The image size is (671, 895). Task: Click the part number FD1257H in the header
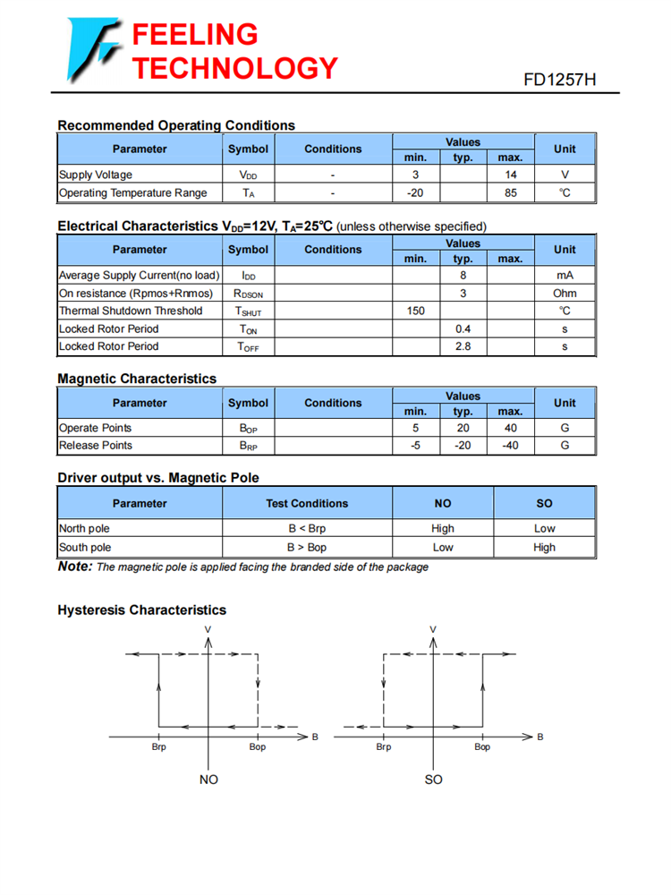[x=559, y=80]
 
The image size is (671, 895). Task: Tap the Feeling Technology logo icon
[x=92, y=48]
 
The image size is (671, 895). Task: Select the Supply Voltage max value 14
[x=510, y=175]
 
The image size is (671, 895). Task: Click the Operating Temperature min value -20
[x=415, y=193]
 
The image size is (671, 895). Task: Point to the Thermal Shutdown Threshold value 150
[x=415, y=311]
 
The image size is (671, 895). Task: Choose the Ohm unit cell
[x=565, y=294]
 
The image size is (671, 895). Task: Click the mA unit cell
[x=565, y=276]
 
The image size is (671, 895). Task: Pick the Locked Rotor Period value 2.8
[x=463, y=346]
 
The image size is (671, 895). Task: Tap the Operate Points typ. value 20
[x=463, y=428]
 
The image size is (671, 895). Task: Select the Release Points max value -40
[x=510, y=446]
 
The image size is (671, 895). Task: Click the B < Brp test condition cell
[x=307, y=529]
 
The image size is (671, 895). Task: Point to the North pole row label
[x=84, y=529]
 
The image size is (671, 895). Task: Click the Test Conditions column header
[x=307, y=503]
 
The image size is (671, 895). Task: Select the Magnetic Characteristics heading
[x=137, y=379]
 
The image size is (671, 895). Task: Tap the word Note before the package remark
[x=75, y=567]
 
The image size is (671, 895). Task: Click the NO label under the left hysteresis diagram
[x=208, y=780]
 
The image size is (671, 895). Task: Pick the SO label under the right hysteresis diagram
[x=433, y=780]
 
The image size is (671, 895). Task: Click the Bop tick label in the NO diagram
[x=257, y=746]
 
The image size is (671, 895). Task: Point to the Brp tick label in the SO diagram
[x=384, y=746]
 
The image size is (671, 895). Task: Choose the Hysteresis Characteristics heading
[x=141, y=610]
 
